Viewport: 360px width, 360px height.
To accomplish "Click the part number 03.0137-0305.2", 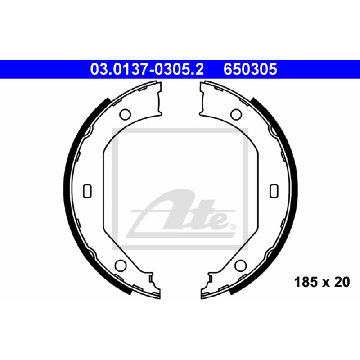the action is (147, 69).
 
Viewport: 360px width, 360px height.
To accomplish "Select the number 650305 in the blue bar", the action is (250, 69).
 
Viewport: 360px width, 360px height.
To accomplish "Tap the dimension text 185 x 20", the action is (322, 282).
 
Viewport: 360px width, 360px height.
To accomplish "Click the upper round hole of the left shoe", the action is (125, 114).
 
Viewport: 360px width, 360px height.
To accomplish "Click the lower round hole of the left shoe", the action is (121, 265).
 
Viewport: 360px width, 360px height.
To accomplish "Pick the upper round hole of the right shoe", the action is (236, 114).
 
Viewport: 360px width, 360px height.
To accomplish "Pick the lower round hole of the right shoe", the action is (241, 265).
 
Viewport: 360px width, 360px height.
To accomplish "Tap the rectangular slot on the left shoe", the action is (87, 191).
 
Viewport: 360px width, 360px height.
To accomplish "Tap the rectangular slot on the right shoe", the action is (274, 191).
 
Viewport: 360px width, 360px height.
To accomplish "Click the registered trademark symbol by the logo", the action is (233, 227).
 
